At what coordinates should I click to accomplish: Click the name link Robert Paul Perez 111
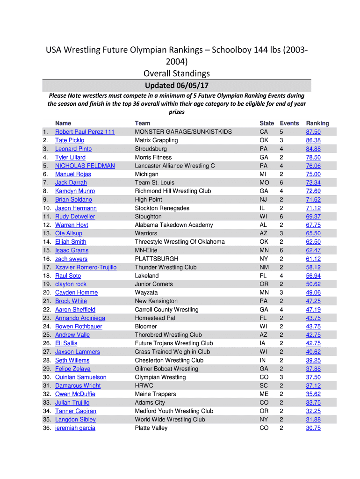85,132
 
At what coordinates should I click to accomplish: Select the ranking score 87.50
313,132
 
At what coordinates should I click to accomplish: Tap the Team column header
143,123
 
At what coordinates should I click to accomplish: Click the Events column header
289,123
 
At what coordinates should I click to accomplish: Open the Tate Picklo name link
70,140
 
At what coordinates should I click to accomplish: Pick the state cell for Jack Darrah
264,182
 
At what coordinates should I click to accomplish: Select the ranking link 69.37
313,217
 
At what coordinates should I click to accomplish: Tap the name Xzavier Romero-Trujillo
86,267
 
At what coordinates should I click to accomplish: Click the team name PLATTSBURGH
156,259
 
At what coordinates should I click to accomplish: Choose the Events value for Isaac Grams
281,250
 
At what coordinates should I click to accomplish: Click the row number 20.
47,292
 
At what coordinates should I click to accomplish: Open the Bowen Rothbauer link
79,327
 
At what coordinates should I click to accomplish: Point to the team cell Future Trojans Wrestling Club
173,343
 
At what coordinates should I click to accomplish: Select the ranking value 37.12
313,385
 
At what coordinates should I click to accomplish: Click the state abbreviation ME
264,394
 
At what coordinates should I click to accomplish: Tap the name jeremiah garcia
75,428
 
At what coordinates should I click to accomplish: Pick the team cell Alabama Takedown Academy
173,225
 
